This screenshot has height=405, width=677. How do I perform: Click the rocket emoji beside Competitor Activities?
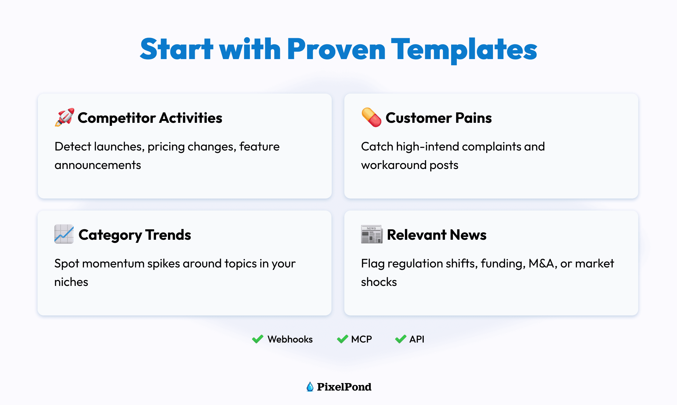coord(64,117)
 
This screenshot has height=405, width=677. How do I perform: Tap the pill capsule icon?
coord(371,117)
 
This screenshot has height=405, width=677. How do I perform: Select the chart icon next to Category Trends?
coord(64,234)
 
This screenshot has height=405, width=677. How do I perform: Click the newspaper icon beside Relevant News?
coord(372,234)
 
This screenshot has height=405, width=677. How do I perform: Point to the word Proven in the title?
coord(336,49)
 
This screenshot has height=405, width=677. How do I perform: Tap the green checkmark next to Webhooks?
coord(258,339)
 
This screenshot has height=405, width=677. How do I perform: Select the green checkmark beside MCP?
coord(342,339)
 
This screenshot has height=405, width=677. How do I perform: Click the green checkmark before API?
coord(400,339)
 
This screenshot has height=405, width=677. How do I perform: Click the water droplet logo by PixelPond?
coord(310,387)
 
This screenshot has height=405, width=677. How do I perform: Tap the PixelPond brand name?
coord(344,387)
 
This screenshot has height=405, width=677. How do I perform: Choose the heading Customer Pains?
coord(439,118)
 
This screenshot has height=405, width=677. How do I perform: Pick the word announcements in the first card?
coord(98,165)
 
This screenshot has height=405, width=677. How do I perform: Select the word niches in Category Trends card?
coord(71,282)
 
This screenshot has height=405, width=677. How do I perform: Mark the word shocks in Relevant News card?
coord(379,282)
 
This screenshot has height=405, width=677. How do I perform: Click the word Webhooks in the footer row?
coord(290,339)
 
